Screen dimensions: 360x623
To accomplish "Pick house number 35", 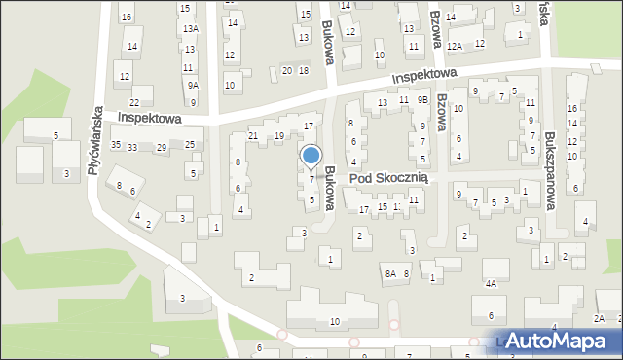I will coord(116,145).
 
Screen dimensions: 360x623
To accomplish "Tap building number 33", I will coord(132,147).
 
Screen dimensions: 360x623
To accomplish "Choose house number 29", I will coord(162,147).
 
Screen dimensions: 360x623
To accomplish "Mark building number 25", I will coord(191,145).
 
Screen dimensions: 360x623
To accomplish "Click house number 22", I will coord(134,103).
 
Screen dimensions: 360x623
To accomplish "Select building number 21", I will coord(253,136).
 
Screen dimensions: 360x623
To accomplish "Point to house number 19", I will coord(279,136).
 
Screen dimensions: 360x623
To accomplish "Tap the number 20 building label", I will coord(287,70).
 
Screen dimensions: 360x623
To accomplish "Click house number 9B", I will coord(422,99).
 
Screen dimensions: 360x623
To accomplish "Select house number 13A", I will coord(191,29).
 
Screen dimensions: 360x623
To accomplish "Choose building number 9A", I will coord(193,86).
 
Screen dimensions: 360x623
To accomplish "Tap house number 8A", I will coord(389,274).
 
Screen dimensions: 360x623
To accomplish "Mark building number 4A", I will coord(492,284).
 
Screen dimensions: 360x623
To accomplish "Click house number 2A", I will coord(599,319).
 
